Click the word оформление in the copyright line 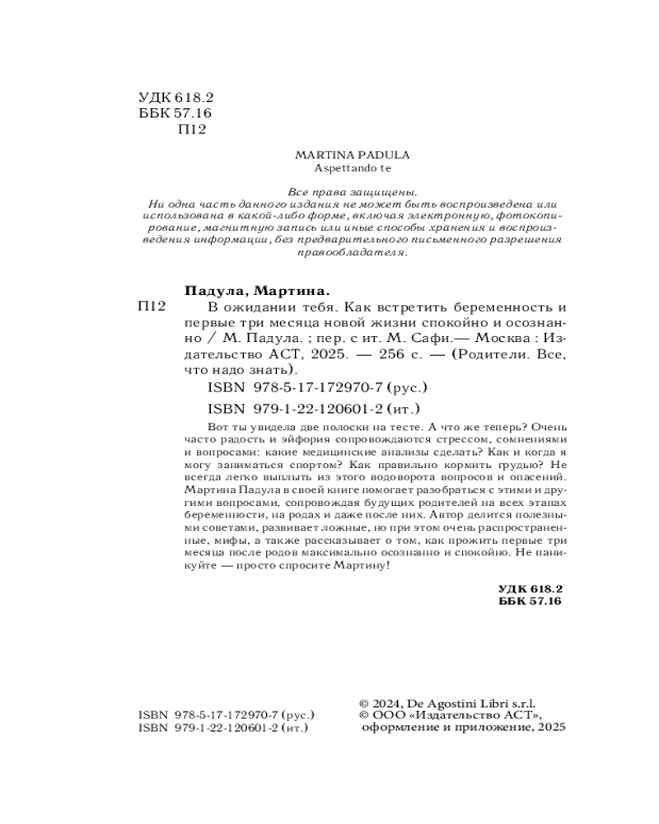(395, 728)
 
